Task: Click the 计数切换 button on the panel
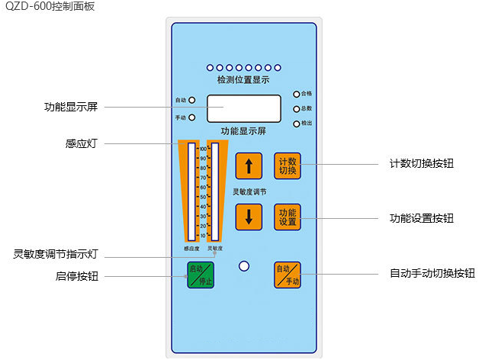288,166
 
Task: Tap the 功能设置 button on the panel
288,217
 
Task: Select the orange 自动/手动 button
288,275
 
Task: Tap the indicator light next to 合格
297,95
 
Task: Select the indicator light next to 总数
297,109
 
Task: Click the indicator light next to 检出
297,124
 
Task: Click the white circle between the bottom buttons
244,266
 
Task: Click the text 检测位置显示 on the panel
243,79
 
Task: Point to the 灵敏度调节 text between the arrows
249,191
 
